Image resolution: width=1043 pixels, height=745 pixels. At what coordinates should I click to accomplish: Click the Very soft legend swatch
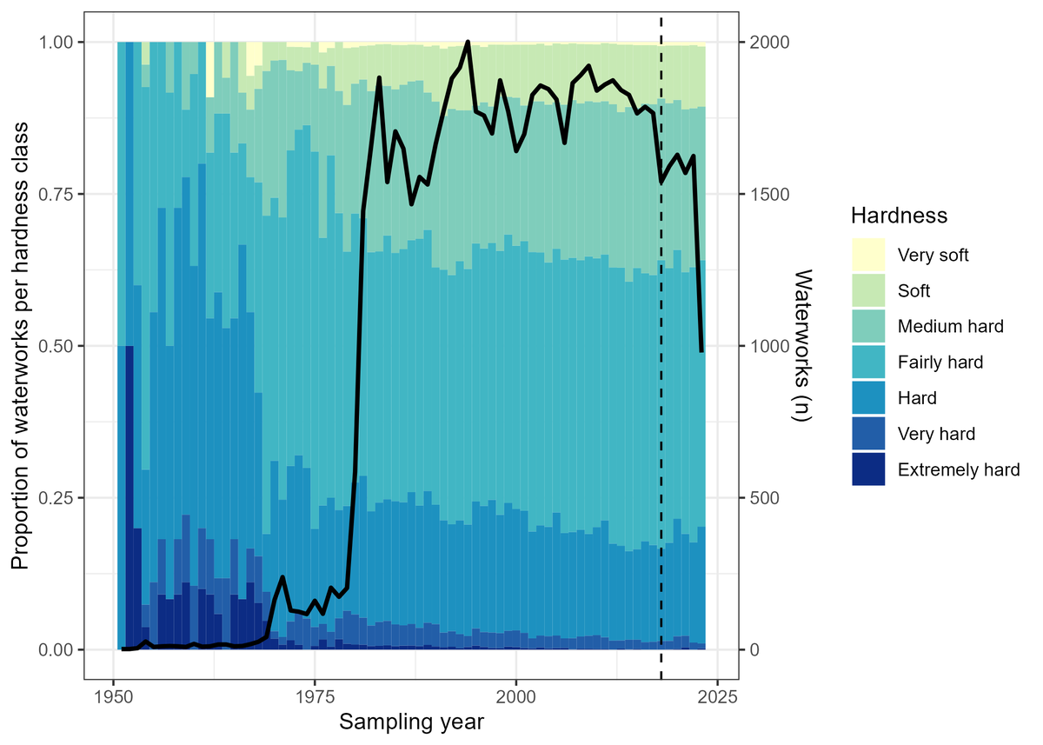[x=868, y=256]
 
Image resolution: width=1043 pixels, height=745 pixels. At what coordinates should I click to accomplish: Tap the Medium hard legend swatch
[x=868, y=327]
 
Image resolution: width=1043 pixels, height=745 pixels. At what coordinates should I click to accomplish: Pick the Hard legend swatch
[x=868, y=398]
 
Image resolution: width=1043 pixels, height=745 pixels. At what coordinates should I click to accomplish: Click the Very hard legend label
[x=936, y=434]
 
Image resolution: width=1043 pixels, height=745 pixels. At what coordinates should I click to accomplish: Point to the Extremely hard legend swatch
[x=868, y=469]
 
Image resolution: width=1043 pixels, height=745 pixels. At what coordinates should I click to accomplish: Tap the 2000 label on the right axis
[x=767, y=42]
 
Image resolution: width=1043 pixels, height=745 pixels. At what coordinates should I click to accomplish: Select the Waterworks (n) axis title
[x=801, y=345]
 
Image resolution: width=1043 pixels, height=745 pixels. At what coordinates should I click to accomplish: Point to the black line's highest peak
[x=468, y=42]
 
